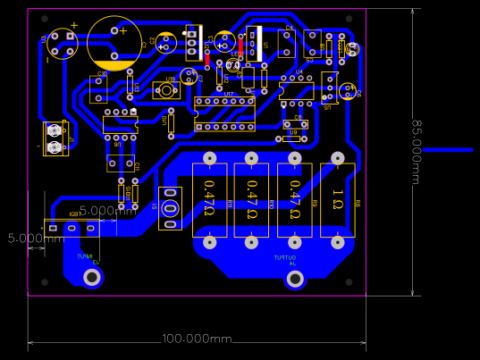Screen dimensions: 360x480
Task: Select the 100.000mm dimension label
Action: tap(197, 339)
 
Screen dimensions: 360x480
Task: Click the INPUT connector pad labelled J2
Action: tap(91, 278)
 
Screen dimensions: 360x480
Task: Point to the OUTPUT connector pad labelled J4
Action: tap(294, 280)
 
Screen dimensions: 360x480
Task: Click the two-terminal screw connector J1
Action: tap(55, 138)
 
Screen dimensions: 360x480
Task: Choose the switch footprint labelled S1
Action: tap(329, 88)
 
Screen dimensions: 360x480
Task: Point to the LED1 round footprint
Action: tap(233, 65)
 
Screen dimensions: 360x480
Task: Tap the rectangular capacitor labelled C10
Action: tap(98, 88)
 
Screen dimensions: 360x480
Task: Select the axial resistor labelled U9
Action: tap(291, 138)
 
